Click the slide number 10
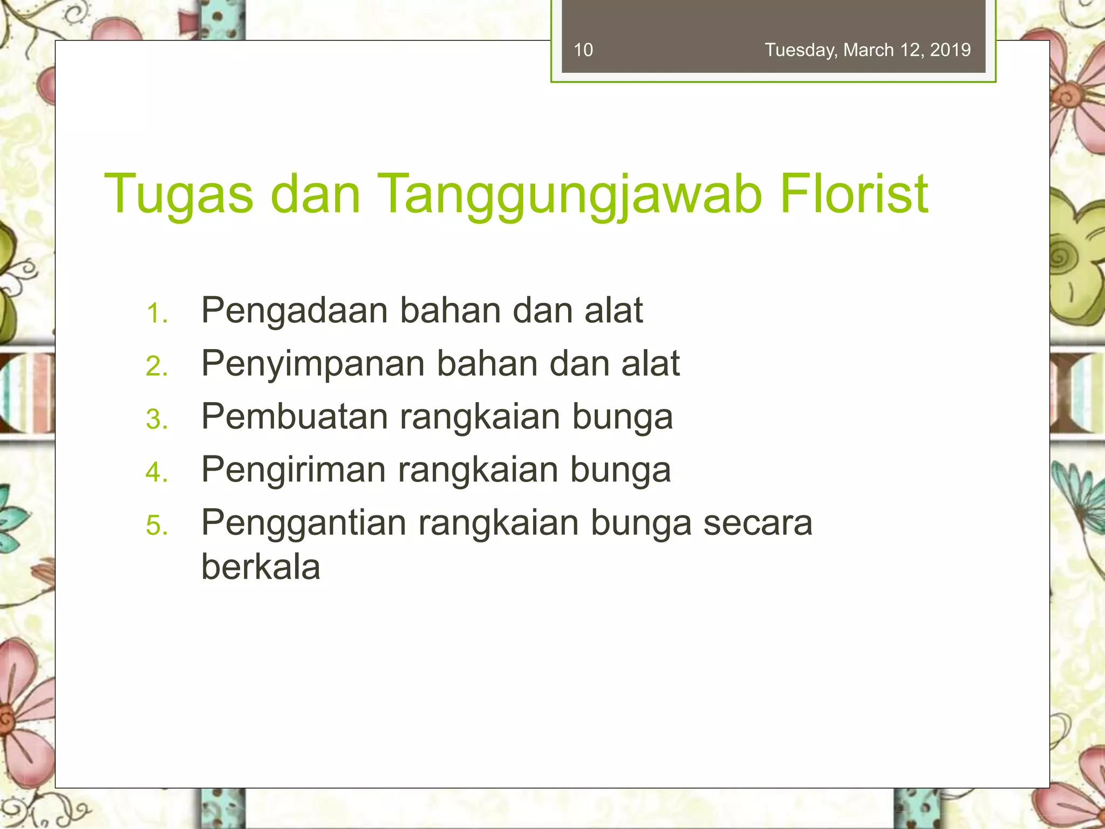[583, 50]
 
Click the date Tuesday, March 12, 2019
[868, 50]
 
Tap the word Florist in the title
[854, 193]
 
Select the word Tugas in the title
[178, 193]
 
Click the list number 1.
[156, 314]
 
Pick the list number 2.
[156, 366]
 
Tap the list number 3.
[156, 419]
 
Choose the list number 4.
[156, 472]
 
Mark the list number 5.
[156, 525]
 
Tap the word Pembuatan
[295, 416]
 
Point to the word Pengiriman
[294, 469]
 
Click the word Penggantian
[304, 522]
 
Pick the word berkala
[261, 567]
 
